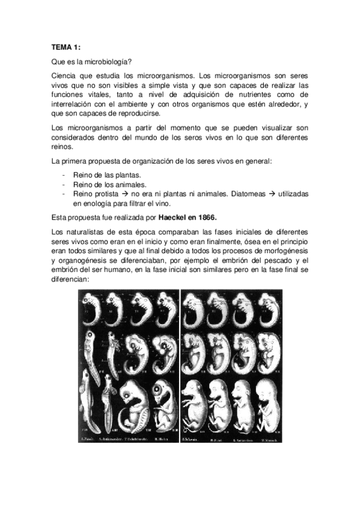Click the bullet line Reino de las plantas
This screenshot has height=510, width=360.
click(x=107, y=175)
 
